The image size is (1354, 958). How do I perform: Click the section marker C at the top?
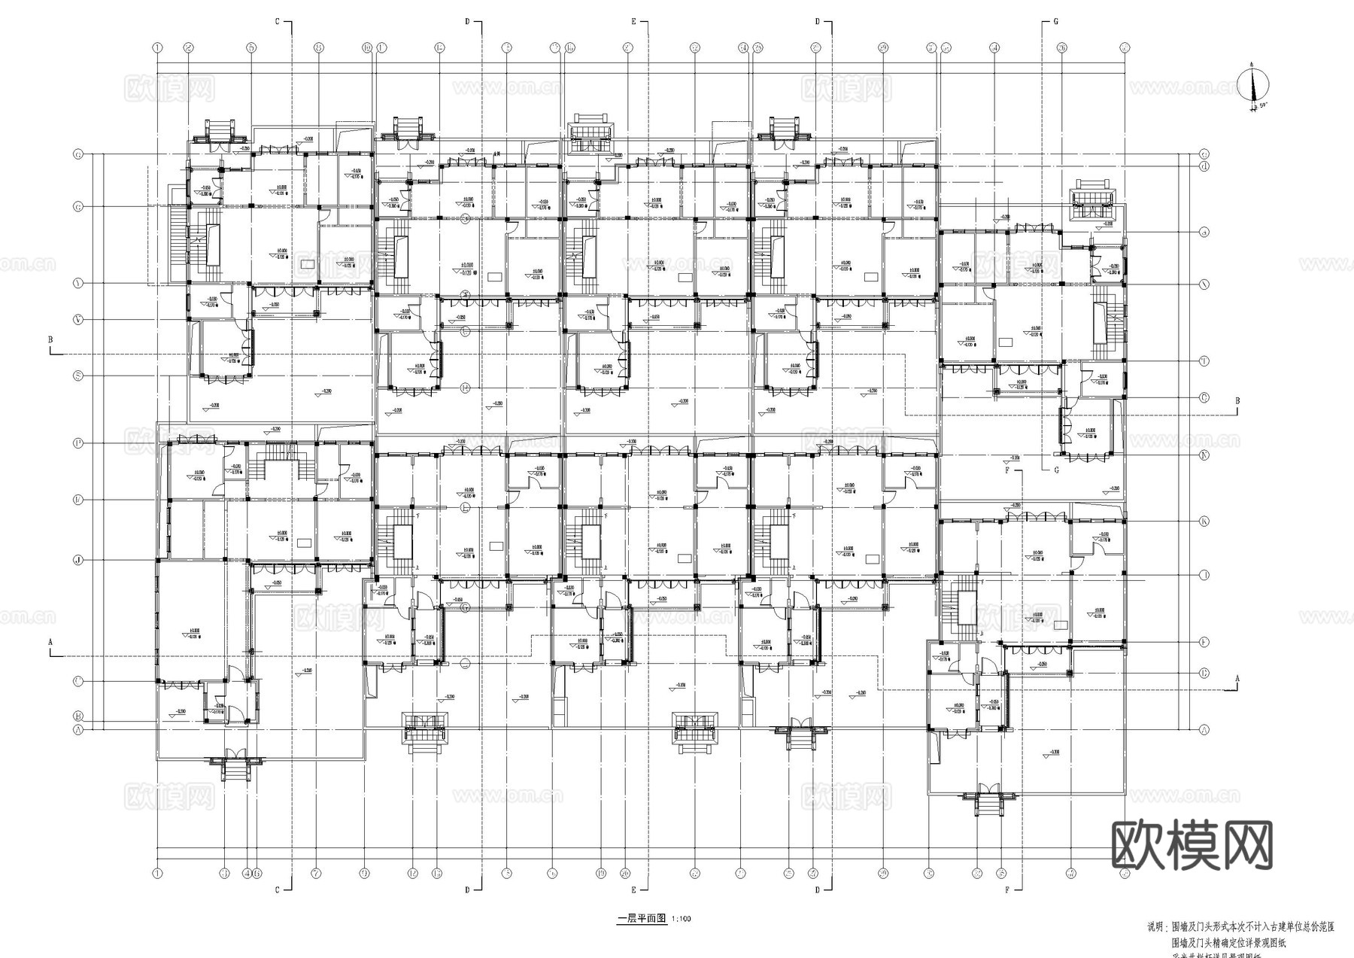pyautogui.click(x=278, y=22)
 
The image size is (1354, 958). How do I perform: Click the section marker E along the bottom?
pyautogui.click(x=633, y=890)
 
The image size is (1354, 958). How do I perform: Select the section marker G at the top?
pyautogui.click(x=1055, y=22)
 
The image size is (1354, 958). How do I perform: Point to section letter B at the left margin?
pyautogui.click(x=50, y=340)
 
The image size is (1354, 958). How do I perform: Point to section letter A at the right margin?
pyautogui.click(x=1237, y=679)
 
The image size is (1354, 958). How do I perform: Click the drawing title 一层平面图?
pyautogui.click(x=642, y=918)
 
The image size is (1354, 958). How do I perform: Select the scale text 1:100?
pyautogui.click(x=681, y=919)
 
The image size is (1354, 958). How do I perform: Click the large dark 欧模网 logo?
pyautogui.click(x=1192, y=845)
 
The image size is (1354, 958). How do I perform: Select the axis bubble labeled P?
pyautogui.click(x=77, y=443)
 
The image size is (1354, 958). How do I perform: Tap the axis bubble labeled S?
pyautogui.click(x=77, y=376)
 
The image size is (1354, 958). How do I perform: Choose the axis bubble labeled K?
pyautogui.click(x=1204, y=522)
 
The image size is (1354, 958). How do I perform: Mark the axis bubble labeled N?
pyautogui.click(x=1204, y=455)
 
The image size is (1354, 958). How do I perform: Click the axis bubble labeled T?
pyautogui.click(x=1204, y=361)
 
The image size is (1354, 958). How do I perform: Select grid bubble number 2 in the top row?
pyautogui.click(x=189, y=47)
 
